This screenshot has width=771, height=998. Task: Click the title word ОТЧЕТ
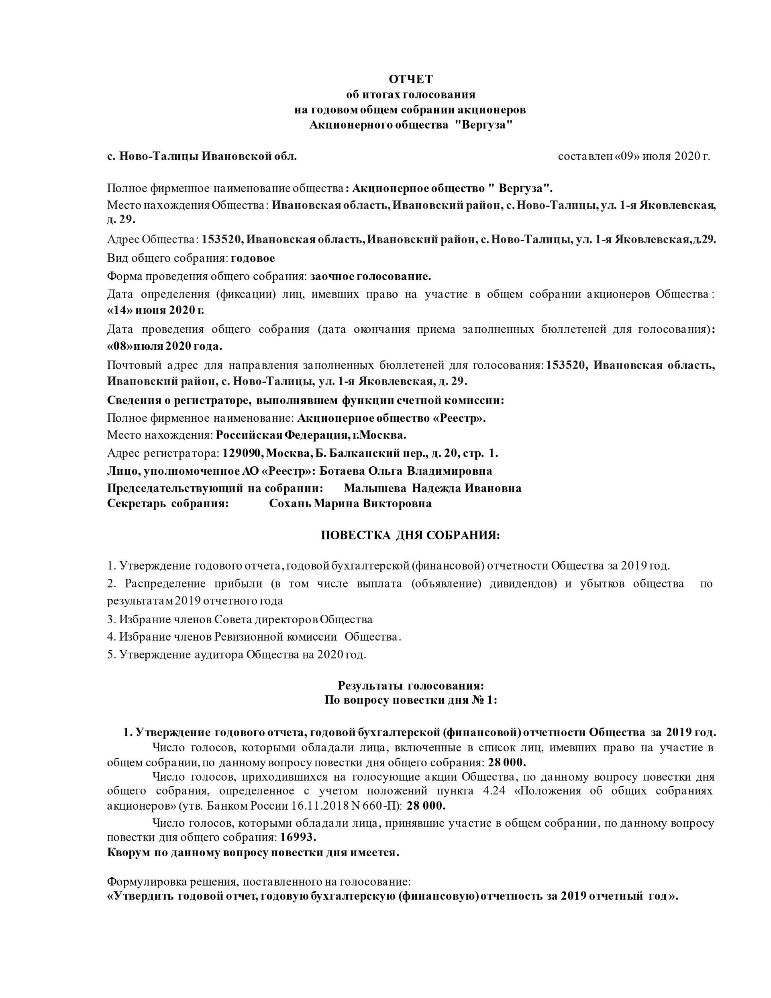(x=410, y=80)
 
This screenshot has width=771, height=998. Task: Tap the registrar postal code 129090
(x=242, y=453)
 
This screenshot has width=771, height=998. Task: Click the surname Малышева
(x=375, y=488)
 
